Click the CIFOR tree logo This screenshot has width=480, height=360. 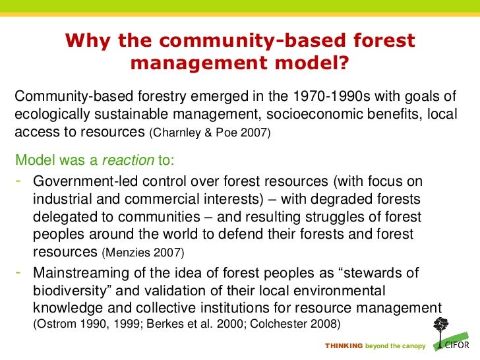[x=442, y=334]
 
